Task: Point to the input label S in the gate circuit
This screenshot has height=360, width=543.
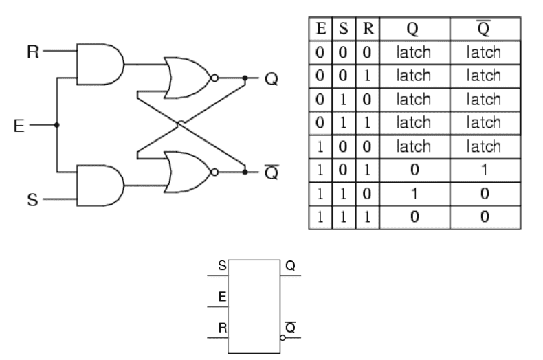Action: [32, 200]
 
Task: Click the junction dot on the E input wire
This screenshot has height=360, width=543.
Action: [56, 125]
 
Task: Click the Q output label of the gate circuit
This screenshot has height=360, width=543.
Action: [271, 78]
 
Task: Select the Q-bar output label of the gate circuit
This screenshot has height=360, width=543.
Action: [271, 172]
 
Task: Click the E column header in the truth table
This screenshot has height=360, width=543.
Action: [320, 28]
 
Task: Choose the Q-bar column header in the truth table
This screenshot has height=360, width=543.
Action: [485, 28]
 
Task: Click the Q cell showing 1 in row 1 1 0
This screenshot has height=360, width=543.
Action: [414, 194]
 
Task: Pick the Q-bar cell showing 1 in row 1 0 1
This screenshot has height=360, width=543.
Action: [485, 170]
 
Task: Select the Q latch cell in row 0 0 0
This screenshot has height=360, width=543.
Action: [414, 52]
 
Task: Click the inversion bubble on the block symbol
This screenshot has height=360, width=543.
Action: [282, 337]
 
